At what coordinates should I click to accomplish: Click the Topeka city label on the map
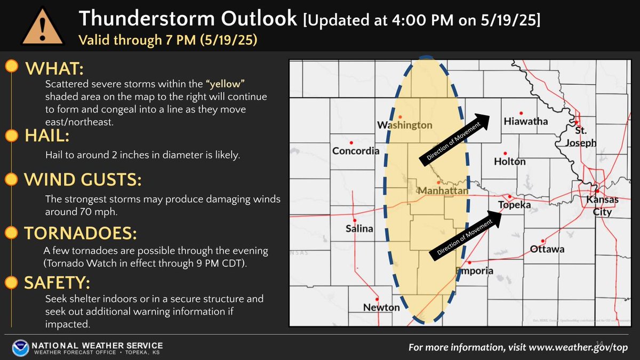pos(514,205)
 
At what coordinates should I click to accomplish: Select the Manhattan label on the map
pos(443,190)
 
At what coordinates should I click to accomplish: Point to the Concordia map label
pos(356,151)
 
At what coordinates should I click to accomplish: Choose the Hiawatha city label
pos(526,122)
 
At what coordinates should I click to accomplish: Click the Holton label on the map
pos(510,162)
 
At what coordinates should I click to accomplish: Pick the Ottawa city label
pos(547,249)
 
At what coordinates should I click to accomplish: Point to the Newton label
pos(381,307)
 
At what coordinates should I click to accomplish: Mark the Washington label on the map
pos(405,125)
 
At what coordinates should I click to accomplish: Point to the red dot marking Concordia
pos(351,143)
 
